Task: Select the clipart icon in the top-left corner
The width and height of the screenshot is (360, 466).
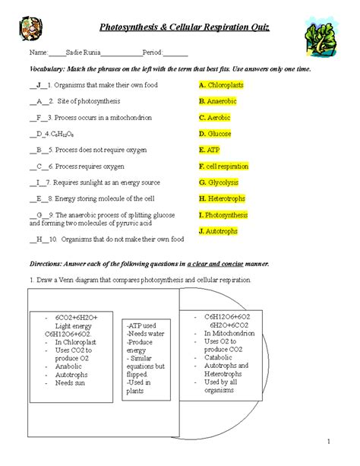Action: point(30,30)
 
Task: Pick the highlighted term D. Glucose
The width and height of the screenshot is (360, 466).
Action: point(215,134)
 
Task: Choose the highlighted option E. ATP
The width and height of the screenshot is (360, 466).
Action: point(209,150)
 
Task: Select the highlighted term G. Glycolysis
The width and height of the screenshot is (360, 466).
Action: point(219,182)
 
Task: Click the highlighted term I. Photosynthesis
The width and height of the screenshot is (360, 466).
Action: point(223,215)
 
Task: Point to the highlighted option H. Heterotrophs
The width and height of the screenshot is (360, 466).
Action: point(223,198)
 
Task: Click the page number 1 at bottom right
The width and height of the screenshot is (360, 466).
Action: point(329,442)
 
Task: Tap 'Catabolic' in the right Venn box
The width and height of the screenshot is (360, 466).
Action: point(219,357)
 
